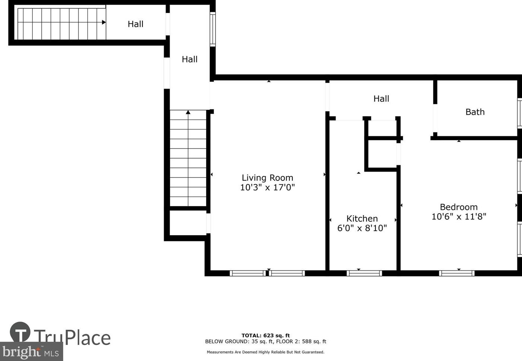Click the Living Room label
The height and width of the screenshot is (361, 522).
pos(267,178)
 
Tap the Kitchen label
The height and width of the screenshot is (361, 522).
pos(362,218)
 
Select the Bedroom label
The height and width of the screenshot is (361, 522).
pos(459,207)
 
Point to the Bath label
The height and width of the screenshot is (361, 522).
pos(475,112)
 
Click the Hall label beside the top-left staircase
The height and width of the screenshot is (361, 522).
pos(135,24)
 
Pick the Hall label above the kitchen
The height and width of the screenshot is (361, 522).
pos(381,99)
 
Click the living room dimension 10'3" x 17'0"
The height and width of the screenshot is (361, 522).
pos(267,187)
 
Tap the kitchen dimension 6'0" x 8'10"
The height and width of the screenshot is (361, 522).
pos(362,228)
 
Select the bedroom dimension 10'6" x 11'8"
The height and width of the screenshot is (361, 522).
pos(459,217)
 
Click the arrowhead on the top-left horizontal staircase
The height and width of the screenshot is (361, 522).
pos(104,22)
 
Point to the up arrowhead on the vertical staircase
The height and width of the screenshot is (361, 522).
pos(188,112)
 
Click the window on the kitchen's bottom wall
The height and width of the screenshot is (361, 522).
pos(364,274)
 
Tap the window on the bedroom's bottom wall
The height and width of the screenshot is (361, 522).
pos(457,274)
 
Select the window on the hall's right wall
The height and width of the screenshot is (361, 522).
pos(212,29)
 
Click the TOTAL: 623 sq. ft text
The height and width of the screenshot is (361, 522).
pos(266,335)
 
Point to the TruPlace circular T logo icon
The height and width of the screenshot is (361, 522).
pos(20,332)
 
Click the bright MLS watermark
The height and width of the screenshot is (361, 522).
pos(31,351)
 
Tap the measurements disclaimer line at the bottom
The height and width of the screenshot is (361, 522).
pos(266,352)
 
